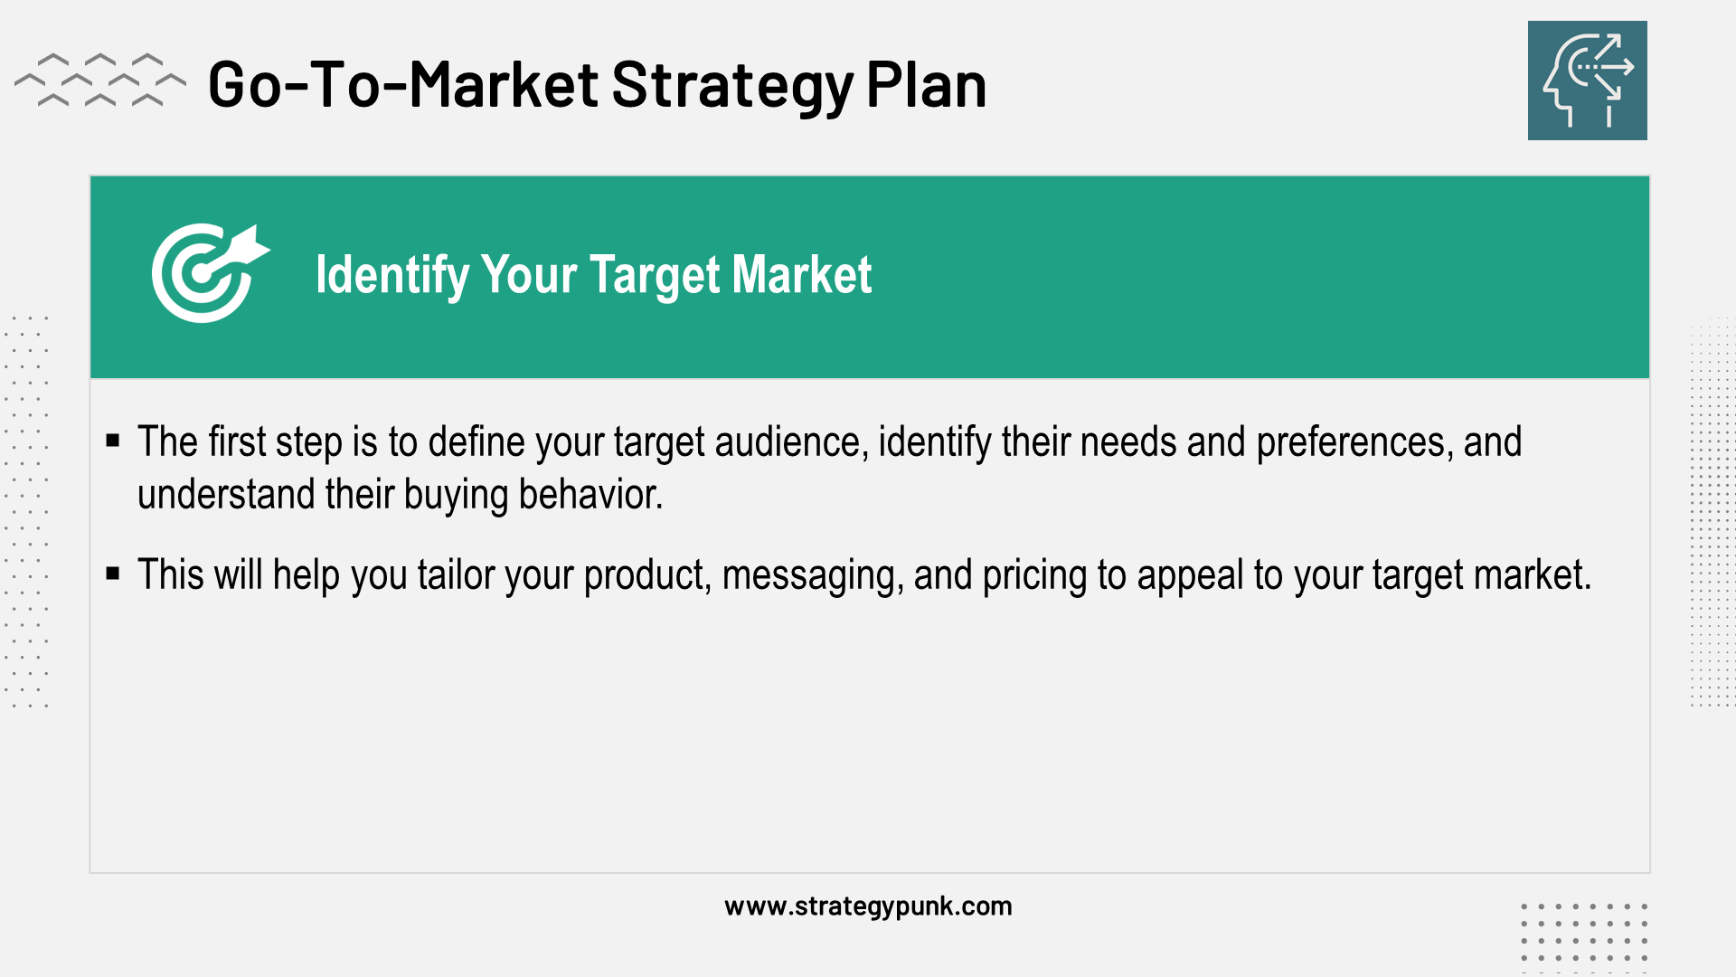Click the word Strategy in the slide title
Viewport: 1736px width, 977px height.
[733, 86]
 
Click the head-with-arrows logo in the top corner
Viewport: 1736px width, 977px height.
[1587, 81]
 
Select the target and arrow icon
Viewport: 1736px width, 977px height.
[210, 272]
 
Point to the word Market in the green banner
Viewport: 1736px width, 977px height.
[802, 274]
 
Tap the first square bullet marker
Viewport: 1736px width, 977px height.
[113, 441]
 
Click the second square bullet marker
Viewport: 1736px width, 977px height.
[113, 574]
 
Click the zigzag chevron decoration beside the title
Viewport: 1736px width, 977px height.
[100, 80]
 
